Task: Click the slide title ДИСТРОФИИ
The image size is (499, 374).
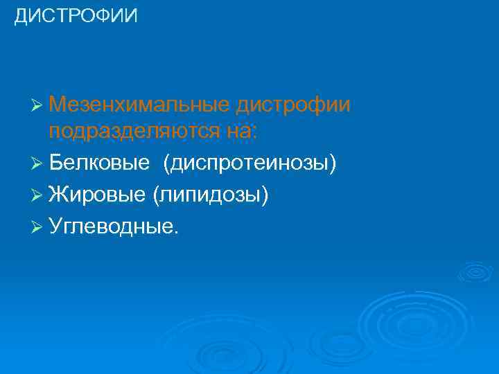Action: (x=76, y=16)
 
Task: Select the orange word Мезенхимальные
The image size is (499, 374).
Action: (x=139, y=105)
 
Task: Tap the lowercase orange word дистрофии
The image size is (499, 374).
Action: (x=292, y=105)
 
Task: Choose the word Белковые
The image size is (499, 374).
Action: (x=99, y=163)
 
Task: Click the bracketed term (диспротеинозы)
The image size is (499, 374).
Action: (x=250, y=163)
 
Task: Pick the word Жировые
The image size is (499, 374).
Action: (x=98, y=195)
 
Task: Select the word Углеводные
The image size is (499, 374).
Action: (x=111, y=228)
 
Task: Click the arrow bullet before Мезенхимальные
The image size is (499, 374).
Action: (x=37, y=106)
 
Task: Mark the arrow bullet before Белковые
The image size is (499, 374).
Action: (x=37, y=163)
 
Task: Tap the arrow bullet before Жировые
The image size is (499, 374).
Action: (x=37, y=196)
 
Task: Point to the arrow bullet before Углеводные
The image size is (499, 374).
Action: (x=37, y=228)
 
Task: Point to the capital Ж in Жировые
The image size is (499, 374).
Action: (x=58, y=195)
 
